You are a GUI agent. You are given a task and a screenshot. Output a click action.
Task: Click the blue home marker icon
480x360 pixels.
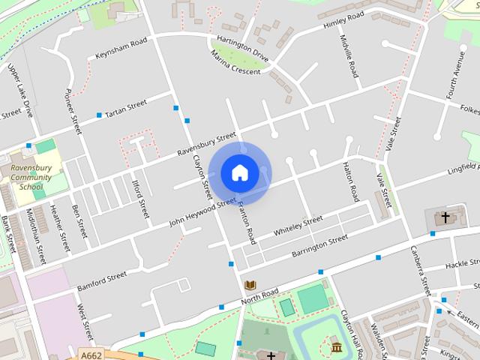point(239,172)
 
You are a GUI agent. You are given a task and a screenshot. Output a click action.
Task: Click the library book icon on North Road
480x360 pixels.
point(250,285)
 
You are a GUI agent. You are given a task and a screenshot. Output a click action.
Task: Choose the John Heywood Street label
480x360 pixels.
point(202,211)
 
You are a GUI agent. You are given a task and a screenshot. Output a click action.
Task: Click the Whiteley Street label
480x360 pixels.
point(298,226)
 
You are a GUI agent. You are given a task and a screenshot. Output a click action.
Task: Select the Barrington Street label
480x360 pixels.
point(319,246)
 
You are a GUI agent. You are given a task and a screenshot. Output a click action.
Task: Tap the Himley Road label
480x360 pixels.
point(343,20)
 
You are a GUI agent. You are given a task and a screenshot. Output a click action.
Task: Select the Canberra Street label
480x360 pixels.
point(420,271)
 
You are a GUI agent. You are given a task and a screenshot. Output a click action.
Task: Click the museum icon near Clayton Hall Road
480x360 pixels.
point(335,346)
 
